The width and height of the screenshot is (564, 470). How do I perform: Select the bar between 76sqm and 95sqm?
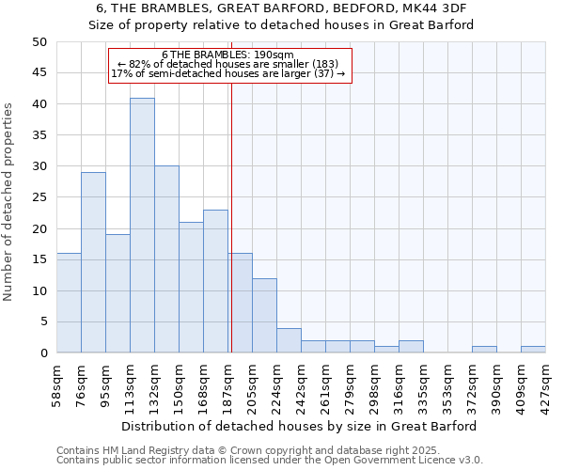(x=93, y=262)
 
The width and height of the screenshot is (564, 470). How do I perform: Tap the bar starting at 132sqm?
(x=166, y=259)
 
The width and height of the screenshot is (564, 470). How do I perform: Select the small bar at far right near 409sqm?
(x=533, y=350)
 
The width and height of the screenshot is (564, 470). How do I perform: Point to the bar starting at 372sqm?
(x=484, y=350)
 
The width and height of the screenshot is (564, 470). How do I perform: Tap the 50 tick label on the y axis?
(x=39, y=42)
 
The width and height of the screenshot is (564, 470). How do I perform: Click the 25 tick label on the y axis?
(x=39, y=197)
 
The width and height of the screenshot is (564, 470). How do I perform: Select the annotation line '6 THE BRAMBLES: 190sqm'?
(x=228, y=55)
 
